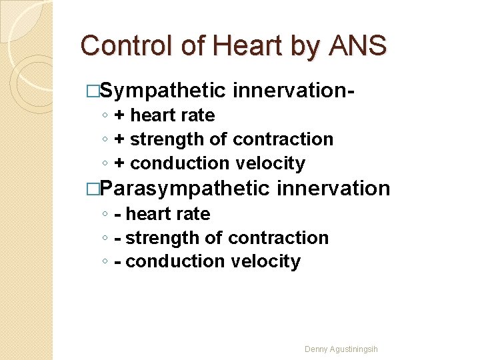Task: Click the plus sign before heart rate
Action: click(x=121, y=115)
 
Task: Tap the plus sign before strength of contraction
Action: click(x=121, y=139)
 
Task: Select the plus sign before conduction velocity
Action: click(x=121, y=163)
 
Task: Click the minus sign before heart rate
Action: click(x=118, y=214)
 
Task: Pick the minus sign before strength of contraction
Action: click(x=118, y=238)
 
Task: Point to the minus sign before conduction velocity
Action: click(x=118, y=262)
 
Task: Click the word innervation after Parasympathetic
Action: click(x=333, y=189)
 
